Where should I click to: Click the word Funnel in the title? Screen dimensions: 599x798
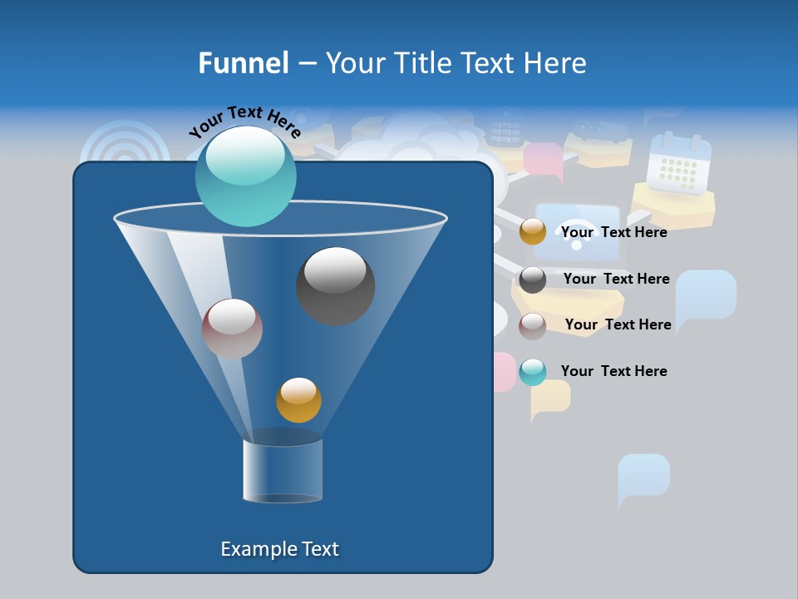point(243,63)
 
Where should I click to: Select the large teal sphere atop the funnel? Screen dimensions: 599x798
point(245,176)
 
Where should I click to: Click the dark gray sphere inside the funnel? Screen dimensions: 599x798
point(335,285)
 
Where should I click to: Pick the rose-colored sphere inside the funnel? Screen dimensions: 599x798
point(232,329)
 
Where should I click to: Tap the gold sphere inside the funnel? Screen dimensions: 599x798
point(298,399)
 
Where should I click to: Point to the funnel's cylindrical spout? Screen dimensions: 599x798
point(283,470)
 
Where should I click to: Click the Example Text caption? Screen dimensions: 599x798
point(279,549)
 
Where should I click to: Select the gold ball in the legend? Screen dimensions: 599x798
point(533,232)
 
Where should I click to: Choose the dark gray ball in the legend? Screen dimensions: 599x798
point(533,280)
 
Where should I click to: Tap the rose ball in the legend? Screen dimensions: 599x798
point(533,325)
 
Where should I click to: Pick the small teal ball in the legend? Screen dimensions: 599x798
point(533,372)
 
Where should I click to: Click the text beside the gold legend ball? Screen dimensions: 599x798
point(613,232)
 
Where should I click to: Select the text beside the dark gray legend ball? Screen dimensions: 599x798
point(616,279)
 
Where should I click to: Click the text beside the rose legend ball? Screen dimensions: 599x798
point(618,324)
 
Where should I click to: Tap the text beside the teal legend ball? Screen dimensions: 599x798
point(613,371)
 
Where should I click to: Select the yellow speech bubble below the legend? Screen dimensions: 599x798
point(550,398)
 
